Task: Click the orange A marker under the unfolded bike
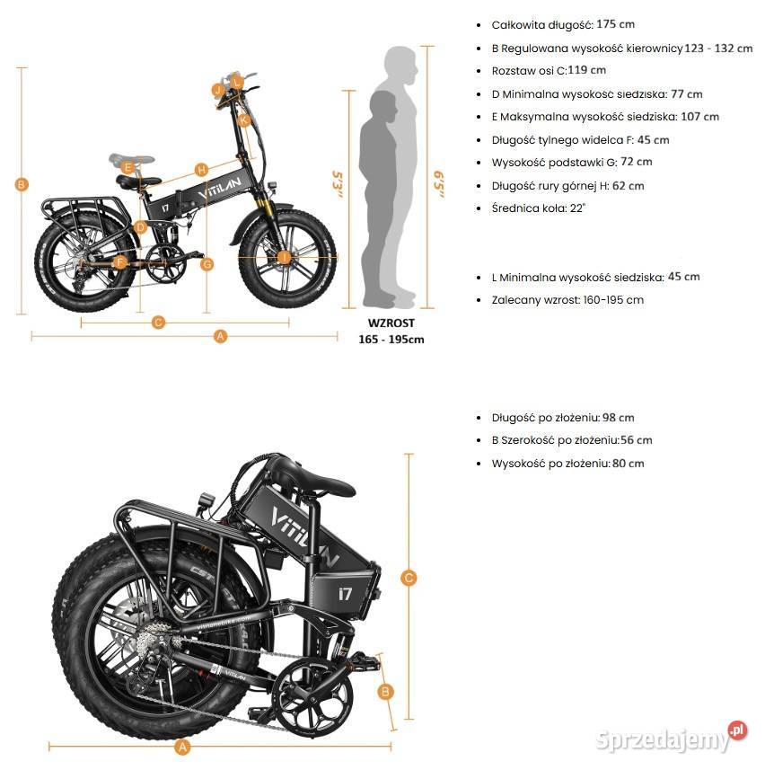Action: (220, 336)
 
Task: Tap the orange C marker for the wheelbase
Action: (158, 323)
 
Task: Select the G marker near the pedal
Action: (207, 264)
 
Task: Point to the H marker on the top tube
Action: (201, 170)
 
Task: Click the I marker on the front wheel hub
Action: (284, 257)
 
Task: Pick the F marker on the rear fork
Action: (119, 262)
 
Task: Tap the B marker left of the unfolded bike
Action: (21, 185)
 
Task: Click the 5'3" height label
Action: (337, 184)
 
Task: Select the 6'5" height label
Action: (439, 184)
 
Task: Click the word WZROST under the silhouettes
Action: (391, 323)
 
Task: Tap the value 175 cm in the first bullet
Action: (615, 24)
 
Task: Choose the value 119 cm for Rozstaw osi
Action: (587, 70)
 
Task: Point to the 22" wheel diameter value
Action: (577, 208)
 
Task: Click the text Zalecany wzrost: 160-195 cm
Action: (567, 300)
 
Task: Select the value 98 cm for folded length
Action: (619, 418)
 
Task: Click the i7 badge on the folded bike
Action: (345, 594)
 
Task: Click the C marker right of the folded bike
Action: (409, 578)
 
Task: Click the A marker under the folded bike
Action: (182, 748)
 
